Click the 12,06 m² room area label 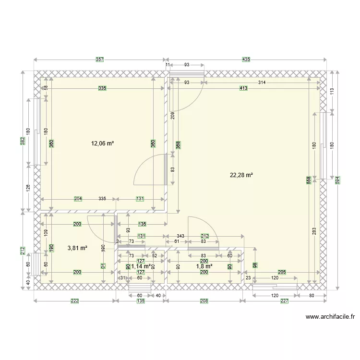point(103,143)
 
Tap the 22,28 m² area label point(241,176)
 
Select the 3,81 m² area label point(77,248)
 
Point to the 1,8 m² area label point(204,266)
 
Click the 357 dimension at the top point(99,60)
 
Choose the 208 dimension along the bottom point(204,301)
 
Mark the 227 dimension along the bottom point(285,301)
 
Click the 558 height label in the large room point(309,180)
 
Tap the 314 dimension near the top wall point(262,83)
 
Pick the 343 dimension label point(180,236)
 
